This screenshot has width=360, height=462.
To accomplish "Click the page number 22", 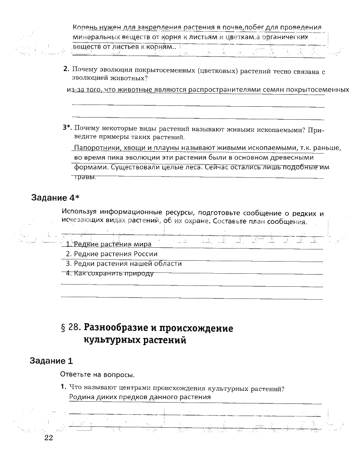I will click(x=48, y=438).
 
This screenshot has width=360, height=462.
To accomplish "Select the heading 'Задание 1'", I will click(x=52, y=360).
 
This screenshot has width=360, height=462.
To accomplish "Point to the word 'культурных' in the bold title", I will click(x=110, y=340).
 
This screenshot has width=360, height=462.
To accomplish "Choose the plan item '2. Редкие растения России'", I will click(x=111, y=254).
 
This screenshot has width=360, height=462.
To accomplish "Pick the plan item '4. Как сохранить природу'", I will click(x=110, y=273).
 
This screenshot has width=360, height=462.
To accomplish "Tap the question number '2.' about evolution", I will click(x=66, y=69).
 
